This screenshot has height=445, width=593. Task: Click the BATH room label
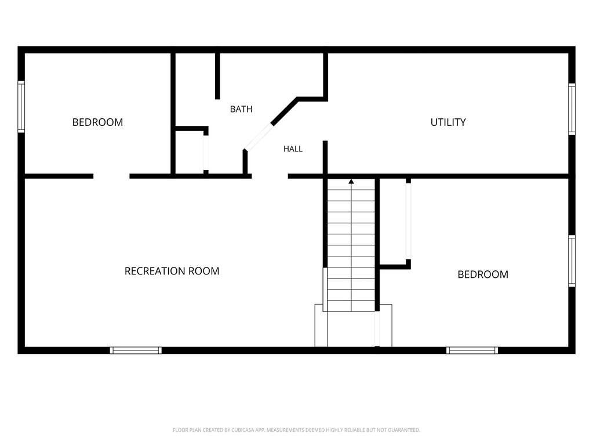[241, 109]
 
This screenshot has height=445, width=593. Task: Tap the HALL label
[293, 149]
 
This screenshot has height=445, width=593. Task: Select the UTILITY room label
[448, 122]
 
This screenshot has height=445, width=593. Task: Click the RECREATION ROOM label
[172, 271]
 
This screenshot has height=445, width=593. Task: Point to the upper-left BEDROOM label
[97, 122]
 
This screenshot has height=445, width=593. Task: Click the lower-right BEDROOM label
[482, 274]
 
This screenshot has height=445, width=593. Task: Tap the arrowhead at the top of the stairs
[351, 182]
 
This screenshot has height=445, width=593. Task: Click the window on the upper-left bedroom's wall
[21, 107]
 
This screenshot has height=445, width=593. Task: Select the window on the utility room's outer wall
[572, 109]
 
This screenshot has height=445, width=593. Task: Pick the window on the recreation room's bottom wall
[136, 350]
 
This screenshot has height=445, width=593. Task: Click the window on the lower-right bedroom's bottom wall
[472, 350]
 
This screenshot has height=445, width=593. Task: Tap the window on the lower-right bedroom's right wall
[572, 261]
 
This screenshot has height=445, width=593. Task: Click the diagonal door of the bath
[259, 136]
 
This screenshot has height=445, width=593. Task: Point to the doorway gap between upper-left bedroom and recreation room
[111, 176]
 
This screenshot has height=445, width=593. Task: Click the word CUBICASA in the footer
[245, 430]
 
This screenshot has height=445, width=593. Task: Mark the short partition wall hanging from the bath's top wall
[217, 76]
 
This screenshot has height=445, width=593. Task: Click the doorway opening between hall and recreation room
[270, 176]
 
